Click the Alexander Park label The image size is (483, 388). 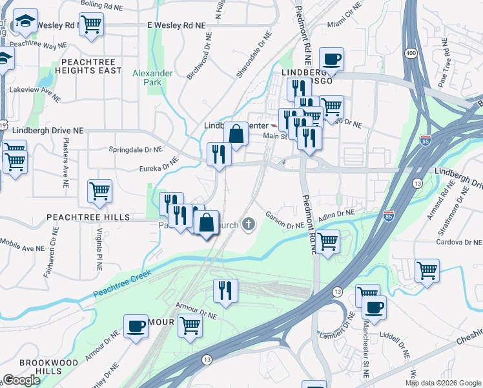(152, 78)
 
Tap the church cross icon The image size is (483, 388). (249, 224)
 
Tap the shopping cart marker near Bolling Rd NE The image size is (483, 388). (91, 24)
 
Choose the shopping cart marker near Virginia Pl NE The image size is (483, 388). (100, 190)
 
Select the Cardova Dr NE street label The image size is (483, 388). (456, 242)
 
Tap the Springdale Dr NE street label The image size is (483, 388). (135, 149)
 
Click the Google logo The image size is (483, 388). (21, 380)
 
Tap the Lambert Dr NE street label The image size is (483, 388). (338, 335)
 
